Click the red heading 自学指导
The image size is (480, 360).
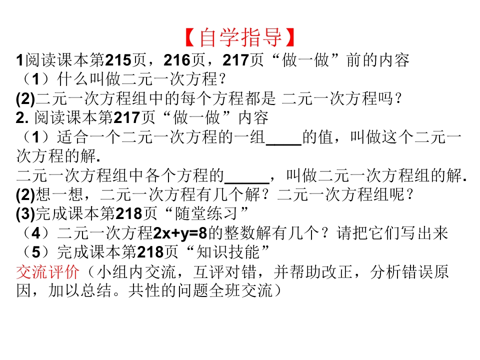(240, 37)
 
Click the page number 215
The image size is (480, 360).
(118, 60)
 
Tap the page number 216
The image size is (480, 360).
(176, 60)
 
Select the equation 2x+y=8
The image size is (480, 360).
(180, 233)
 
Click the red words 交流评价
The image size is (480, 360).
(48, 271)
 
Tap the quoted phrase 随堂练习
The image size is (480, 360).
(206, 214)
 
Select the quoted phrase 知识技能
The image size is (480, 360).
(227, 252)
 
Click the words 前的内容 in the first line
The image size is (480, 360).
(378, 60)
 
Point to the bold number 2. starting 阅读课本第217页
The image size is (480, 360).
(22, 118)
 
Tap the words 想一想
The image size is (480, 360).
(59, 194)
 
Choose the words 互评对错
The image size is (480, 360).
(224, 271)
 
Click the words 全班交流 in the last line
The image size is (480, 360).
(240, 290)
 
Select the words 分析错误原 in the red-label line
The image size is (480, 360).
(409, 271)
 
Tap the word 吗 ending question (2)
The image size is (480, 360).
(385, 98)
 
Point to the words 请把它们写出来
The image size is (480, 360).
(392, 233)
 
